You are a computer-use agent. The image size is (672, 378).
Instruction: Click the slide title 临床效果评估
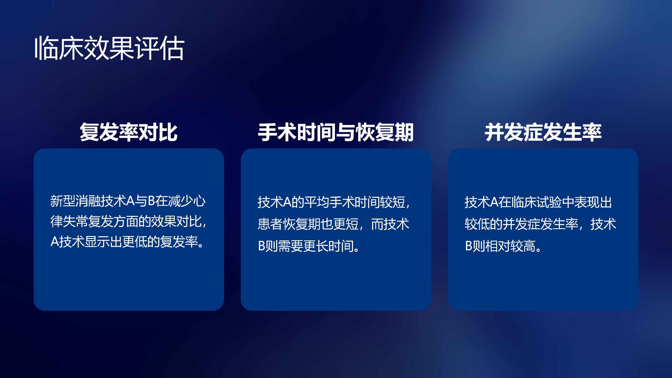[110, 48]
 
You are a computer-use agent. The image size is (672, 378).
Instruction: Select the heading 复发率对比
[129, 132]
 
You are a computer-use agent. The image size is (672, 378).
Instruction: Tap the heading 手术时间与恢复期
[336, 132]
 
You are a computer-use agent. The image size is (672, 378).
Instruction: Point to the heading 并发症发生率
[543, 132]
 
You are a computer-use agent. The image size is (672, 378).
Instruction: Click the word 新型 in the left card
[63, 201]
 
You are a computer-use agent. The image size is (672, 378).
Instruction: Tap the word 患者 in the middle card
[270, 224]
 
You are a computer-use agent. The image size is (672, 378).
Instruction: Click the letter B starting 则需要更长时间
[261, 246]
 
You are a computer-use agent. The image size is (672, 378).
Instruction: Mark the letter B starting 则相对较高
[469, 246]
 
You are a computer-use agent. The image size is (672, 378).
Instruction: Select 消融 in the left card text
[88, 201]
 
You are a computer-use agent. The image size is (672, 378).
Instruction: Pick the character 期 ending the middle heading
[404, 132]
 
